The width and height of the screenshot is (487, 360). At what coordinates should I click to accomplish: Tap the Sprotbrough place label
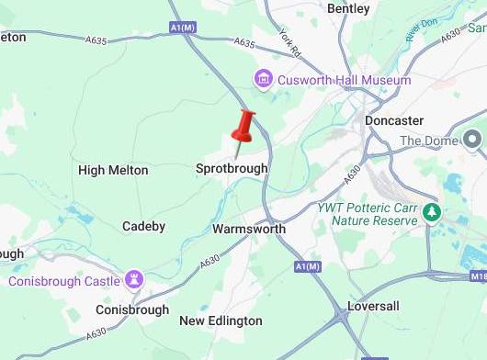232,169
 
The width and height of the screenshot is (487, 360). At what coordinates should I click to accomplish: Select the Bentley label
348,8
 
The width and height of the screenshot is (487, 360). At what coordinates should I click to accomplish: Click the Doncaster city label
393,120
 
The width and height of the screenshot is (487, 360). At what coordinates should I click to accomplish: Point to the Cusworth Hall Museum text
345,81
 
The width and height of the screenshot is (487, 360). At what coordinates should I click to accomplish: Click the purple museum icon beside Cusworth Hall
265,80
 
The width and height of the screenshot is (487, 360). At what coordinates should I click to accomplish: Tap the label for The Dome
429,141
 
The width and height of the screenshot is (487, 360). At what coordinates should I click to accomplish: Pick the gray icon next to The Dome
472,140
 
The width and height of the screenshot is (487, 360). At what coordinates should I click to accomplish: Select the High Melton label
113,170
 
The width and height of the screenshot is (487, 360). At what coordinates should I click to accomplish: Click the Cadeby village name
143,226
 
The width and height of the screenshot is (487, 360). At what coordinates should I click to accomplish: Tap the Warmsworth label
248,229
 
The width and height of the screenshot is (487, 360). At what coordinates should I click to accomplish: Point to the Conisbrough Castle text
64,280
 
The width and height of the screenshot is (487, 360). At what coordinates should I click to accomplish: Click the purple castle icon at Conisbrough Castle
136,278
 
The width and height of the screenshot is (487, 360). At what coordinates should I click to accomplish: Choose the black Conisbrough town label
132,309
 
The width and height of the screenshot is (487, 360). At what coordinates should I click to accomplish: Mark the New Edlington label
221,321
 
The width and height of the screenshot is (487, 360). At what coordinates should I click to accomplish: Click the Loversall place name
376,306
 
